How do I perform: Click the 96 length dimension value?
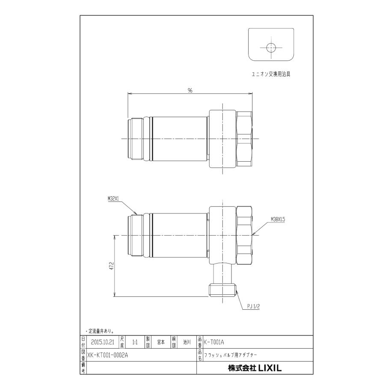[x=190, y=91]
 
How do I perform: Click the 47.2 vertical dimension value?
[x=111, y=266]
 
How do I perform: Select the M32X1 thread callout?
[x=114, y=198]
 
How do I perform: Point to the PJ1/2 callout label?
[x=254, y=306]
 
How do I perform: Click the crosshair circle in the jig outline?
[x=271, y=47]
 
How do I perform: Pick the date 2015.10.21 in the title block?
[x=102, y=342]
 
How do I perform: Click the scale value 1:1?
[x=135, y=342]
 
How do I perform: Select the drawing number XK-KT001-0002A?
[x=107, y=355]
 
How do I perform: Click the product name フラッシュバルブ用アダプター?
[x=231, y=355]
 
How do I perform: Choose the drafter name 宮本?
[x=161, y=342]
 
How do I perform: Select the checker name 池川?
[x=187, y=342]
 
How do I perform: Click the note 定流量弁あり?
[x=99, y=331]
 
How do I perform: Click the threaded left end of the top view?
[x=136, y=139]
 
